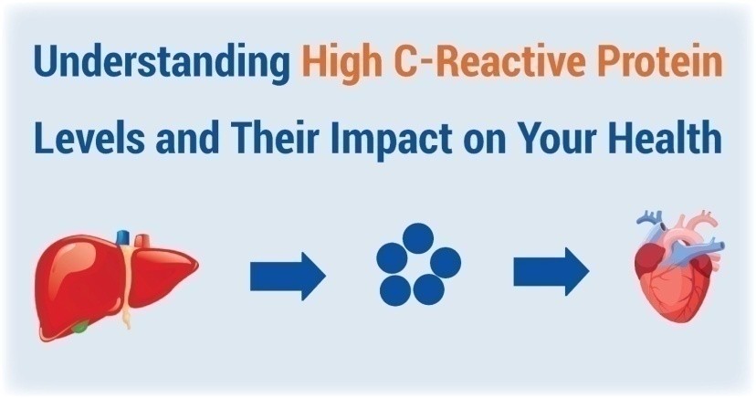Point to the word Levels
click(x=89, y=137)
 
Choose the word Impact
click(x=391, y=140)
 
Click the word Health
click(x=665, y=137)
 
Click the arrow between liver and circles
click(x=288, y=276)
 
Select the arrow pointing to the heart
click(x=551, y=272)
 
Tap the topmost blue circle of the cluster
click(x=418, y=238)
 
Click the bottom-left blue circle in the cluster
click(x=395, y=290)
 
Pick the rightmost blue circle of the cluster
click(x=446, y=263)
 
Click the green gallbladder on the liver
click(x=80, y=327)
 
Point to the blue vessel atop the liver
click(x=123, y=237)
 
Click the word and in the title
click(x=187, y=137)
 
